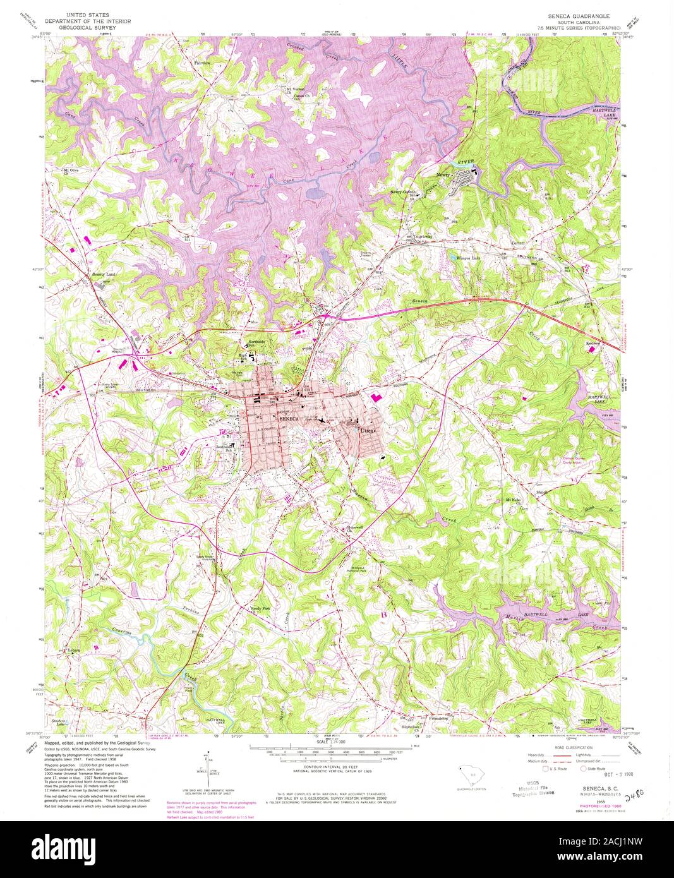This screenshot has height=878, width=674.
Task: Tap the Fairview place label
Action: click(202, 63)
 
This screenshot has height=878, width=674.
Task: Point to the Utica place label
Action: click(367, 430)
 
